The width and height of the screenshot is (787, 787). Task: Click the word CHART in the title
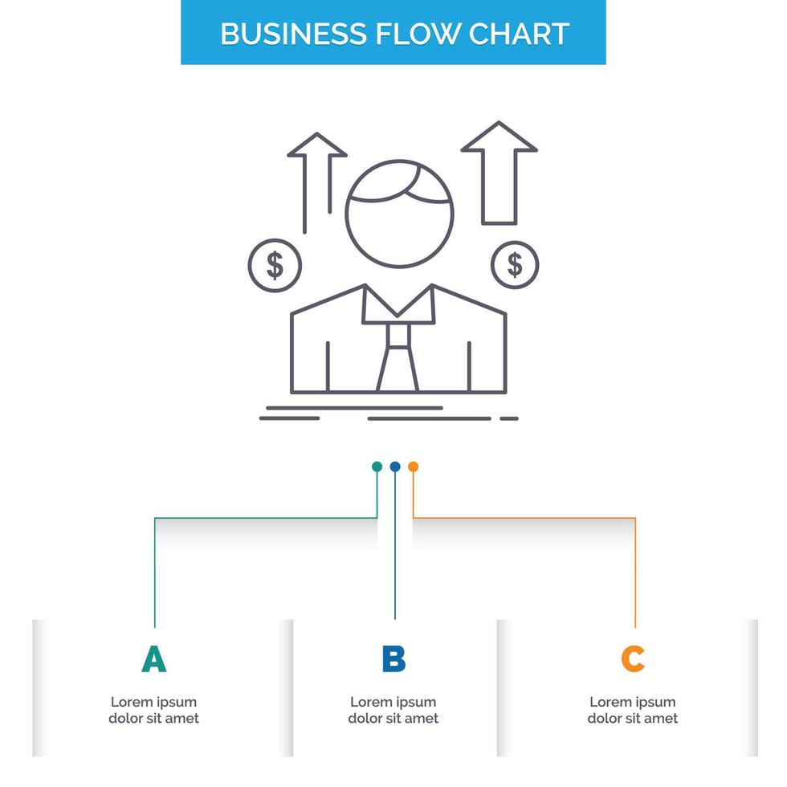tap(519, 33)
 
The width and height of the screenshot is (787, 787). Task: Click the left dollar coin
tap(275, 264)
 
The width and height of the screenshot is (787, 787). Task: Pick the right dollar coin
tap(515, 263)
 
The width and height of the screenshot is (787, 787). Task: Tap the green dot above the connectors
tap(377, 467)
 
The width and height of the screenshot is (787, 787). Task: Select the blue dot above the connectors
tap(394, 467)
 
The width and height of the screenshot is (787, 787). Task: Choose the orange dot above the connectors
tap(413, 467)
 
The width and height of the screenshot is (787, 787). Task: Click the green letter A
tap(153, 659)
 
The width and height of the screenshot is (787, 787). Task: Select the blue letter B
tap(393, 659)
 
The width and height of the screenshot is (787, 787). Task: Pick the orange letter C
tap(633, 659)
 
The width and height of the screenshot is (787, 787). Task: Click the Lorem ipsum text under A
tap(153, 710)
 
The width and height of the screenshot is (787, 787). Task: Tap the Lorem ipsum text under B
tap(393, 710)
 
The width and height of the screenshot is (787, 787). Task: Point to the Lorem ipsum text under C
tap(633, 710)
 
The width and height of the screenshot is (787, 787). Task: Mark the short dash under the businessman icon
tap(509, 418)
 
